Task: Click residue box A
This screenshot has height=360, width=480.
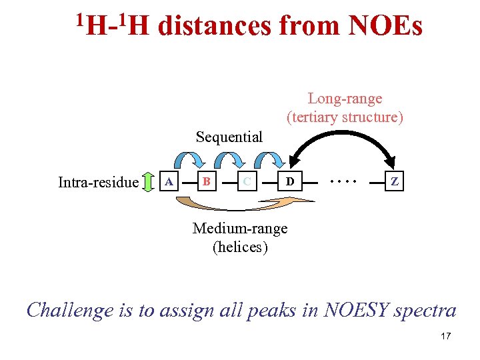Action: pyautogui.click(x=169, y=181)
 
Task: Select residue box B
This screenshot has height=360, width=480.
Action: pyautogui.click(x=207, y=181)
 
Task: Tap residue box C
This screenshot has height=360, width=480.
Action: pyautogui.click(x=247, y=181)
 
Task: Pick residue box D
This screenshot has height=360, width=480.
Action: pyautogui.click(x=288, y=181)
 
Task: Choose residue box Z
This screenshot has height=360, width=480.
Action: pyautogui.click(x=395, y=181)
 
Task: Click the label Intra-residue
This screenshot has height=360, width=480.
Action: pyautogui.click(x=98, y=182)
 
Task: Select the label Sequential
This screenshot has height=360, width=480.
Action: pyautogui.click(x=229, y=137)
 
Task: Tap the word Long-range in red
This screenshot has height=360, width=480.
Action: pyautogui.click(x=345, y=99)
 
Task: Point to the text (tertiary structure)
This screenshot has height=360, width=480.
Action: pyautogui.click(x=345, y=117)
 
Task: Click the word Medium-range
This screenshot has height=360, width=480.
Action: pyautogui.click(x=240, y=228)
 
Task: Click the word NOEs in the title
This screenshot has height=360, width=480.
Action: pyautogui.click(x=385, y=27)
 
